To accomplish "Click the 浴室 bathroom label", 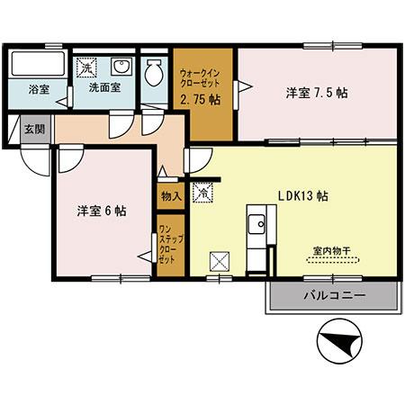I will [x=39, y=90].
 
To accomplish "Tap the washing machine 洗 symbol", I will [x=87, y=67].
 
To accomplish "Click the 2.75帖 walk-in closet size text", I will [x=203, y=100].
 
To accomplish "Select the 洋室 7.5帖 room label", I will [x=318, y=93].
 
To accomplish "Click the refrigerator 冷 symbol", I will [x=203, y=192].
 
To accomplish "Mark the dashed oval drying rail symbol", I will [x=330, y=261].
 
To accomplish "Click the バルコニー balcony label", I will [x=332, y=294].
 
